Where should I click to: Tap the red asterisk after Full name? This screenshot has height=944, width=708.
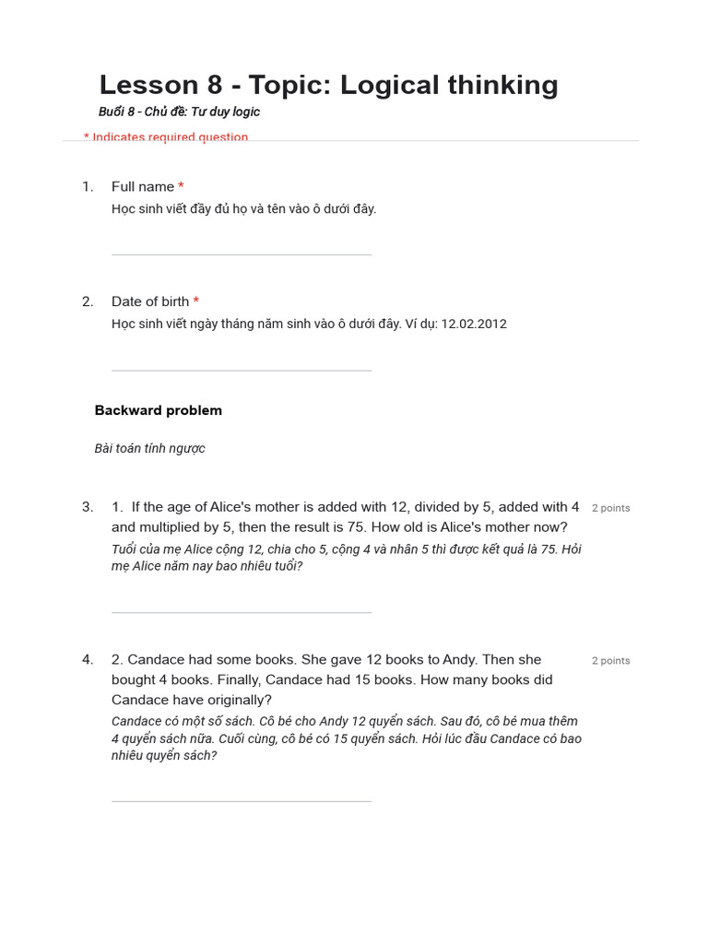182,186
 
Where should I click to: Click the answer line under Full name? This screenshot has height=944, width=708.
242,254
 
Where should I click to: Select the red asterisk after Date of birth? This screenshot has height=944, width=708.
196,301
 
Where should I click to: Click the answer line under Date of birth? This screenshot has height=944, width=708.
242,371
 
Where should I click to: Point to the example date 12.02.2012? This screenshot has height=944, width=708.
474,324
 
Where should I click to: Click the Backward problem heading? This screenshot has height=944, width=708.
159,410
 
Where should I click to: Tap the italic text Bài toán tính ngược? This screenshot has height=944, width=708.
149,449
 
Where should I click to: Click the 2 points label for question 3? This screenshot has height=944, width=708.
611,508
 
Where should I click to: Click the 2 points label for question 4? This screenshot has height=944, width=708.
611,661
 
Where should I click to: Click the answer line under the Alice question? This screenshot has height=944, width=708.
242,612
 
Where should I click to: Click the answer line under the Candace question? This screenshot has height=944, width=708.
242,801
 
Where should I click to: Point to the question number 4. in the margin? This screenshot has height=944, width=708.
88,660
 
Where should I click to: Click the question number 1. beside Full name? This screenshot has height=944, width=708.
88,187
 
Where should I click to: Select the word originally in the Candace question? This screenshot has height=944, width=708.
241,701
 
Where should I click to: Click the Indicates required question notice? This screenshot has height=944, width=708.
166,136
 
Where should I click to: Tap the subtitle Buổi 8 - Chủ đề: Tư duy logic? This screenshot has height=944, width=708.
179,112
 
